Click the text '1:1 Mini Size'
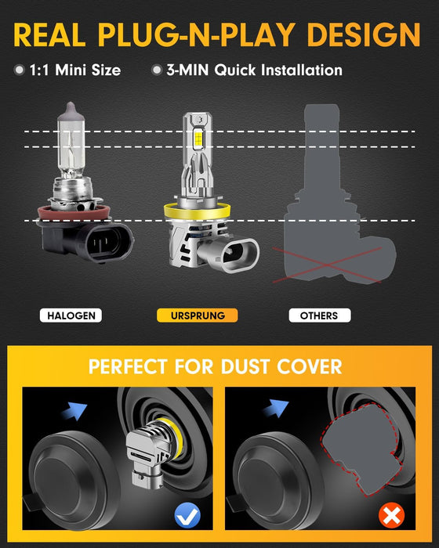(x=74, y=70)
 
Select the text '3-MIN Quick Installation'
(x=254, y=70)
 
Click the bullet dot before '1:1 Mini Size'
(x=19, y=70)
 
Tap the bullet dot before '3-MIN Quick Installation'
(x=157, y=70)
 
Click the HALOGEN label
(x=71, y=315)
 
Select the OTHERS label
(x=318, y=315)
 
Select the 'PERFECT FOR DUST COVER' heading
(x=215, y=366)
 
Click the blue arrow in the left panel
(x=77, y=408)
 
